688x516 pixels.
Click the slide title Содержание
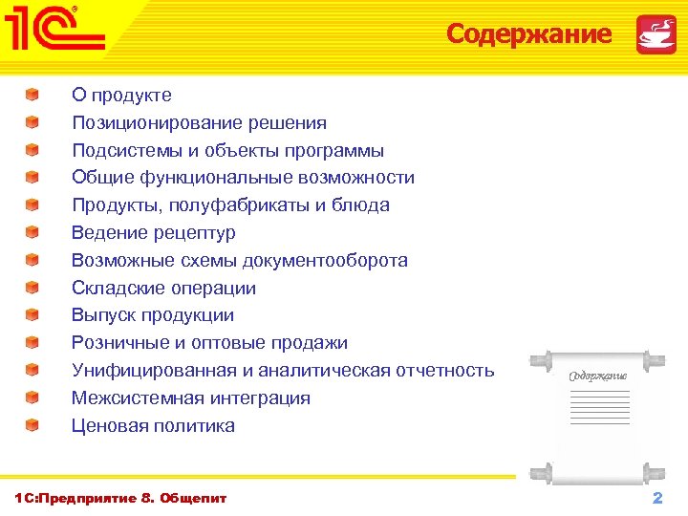pos(528,34)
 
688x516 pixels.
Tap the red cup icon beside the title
pos(656,34)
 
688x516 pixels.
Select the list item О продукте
pos(121,96)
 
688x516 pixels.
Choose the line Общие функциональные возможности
pos(243,178)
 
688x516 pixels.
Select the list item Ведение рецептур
pos(153,233)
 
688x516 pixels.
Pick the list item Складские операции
pos(163,289)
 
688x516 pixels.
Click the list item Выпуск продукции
pos(152,315)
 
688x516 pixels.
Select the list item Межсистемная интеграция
pos(190,398)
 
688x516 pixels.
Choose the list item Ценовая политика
pos(153,426)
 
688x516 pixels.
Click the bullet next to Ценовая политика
pos(32,425)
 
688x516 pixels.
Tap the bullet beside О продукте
pos(32,95)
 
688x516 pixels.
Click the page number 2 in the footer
pos(656,499)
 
